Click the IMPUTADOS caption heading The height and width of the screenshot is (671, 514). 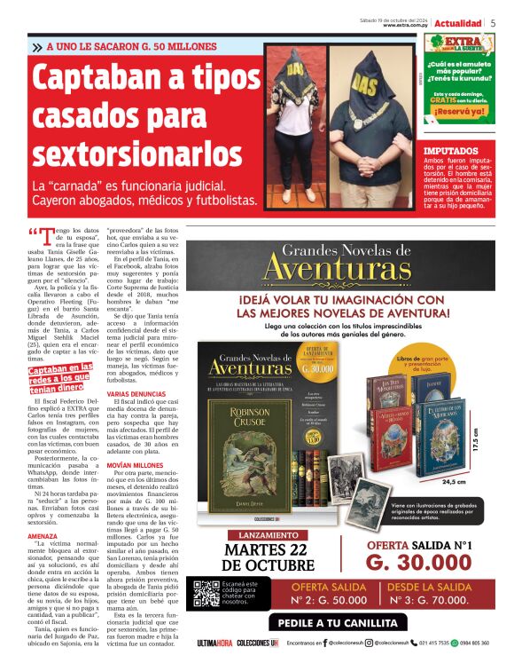[x=451, y=152]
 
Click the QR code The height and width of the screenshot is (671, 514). [x=206, y=594]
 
